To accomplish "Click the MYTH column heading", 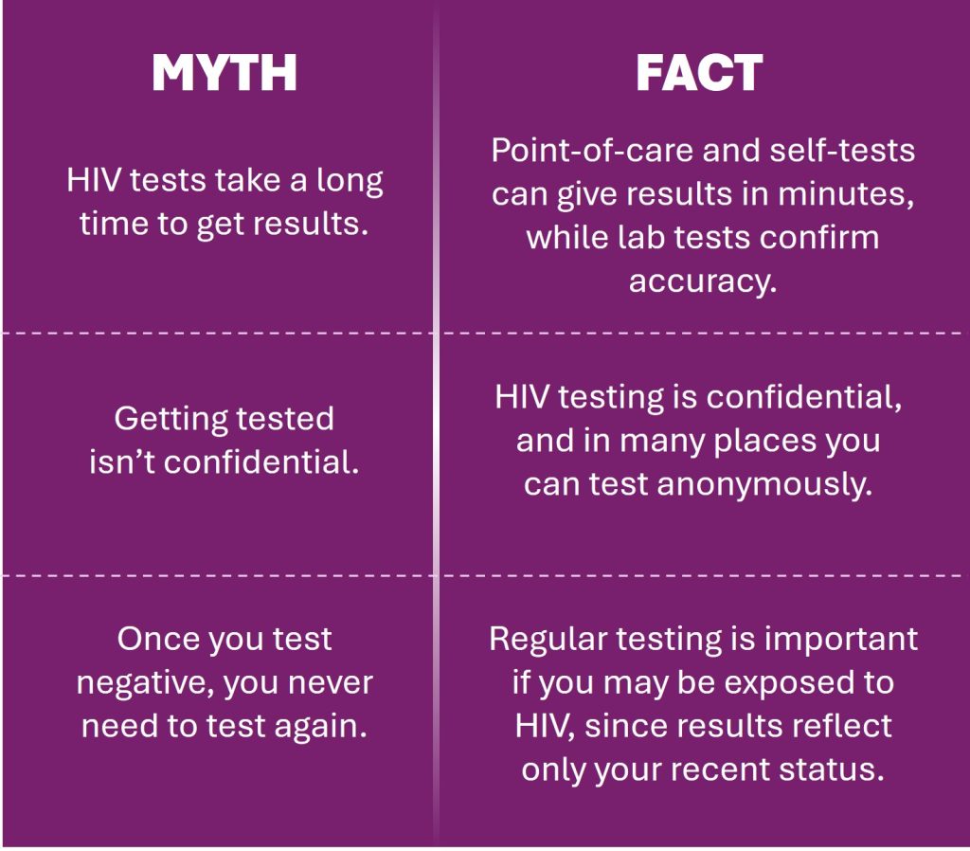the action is click(x=225, y=73).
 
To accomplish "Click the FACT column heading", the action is click(x=700, y=73).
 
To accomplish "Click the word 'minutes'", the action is click(x=844, y=194).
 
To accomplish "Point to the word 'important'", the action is click(x=841, y=640).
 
